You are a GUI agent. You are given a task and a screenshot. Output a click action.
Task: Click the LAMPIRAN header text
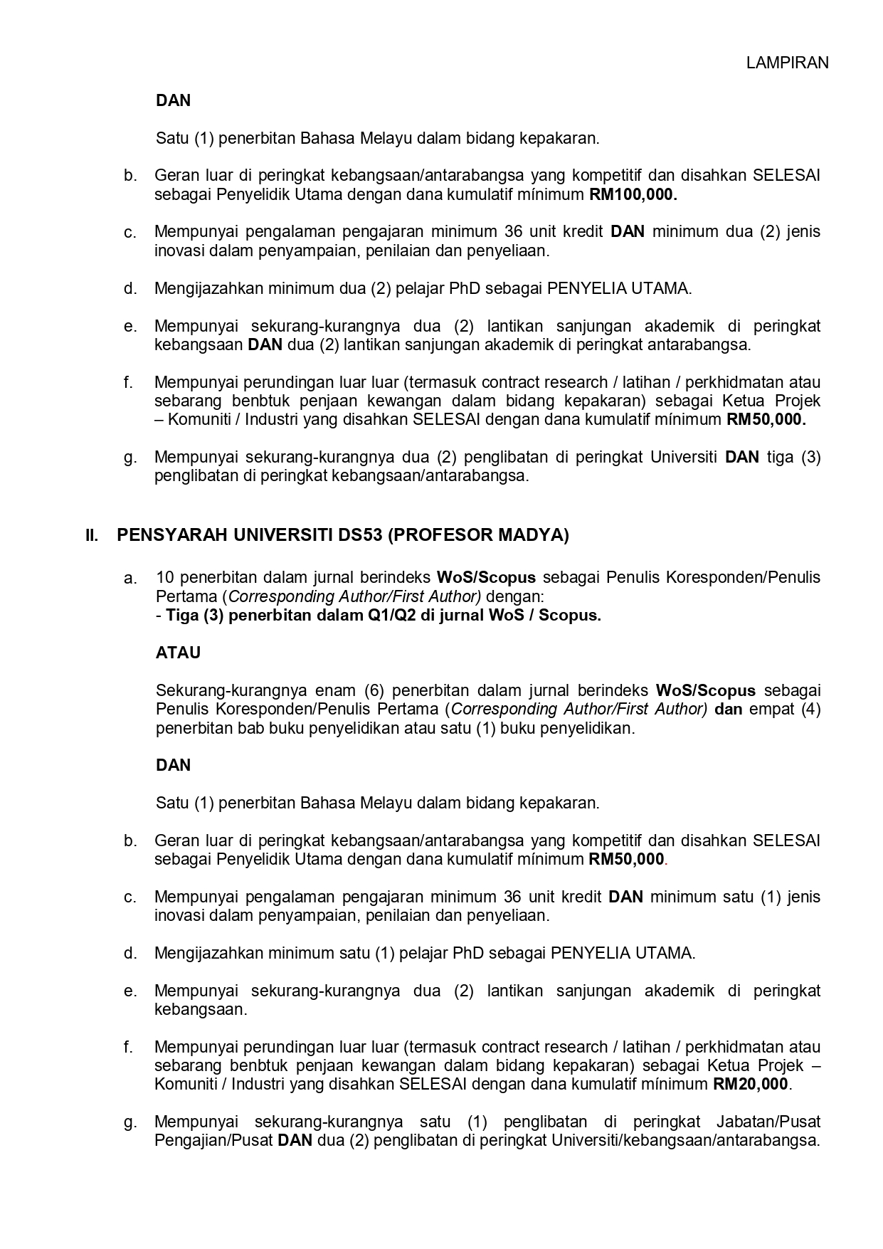click(x=787, y=63)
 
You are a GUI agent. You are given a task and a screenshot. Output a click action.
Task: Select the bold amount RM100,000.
click(x=633, y=195)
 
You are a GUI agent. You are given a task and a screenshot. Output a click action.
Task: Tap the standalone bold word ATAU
click(x=178, y=653)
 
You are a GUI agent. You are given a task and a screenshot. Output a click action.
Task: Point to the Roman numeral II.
click(x=92, y=535)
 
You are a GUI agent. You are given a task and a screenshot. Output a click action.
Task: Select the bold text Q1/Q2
click(x=389, y=616)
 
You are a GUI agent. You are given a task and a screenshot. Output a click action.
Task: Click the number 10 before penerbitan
click(x=165, y=577)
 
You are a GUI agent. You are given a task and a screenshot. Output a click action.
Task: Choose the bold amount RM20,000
click(x=751, y=1085)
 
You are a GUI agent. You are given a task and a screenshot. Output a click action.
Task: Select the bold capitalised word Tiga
click(x=181, y=616)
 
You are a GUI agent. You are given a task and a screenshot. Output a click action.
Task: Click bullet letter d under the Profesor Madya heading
click(x=129, y=953)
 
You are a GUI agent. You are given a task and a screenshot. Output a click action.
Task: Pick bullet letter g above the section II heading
click(x=129, y=458)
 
